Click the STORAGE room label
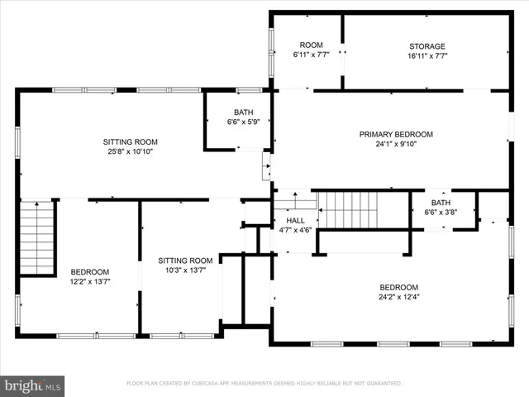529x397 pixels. click(x=427, y=46)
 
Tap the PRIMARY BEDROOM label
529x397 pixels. click(x=396, y=134)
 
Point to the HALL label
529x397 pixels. click(x=295, y=221)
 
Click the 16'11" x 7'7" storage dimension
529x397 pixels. click(x=427, y=56)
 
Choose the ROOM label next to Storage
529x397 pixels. click(x=311, y=45)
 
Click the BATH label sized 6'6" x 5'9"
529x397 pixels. click(x=243, y=112)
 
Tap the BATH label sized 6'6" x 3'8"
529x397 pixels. click(x=441, y=203)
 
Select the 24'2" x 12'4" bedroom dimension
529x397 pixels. click(x=398, y=297)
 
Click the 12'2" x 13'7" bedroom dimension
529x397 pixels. click(x=89, y=281)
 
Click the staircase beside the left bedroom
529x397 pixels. click(x=36, y=238)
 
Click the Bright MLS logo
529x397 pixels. click(x=33, y=385)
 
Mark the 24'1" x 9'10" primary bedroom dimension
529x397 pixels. click(x=396, y=144)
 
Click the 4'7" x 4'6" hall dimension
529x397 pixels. click(x=295, y=231)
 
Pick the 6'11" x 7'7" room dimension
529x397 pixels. click(x=311, y=55)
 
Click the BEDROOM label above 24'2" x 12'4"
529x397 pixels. click(x=398, y=287)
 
